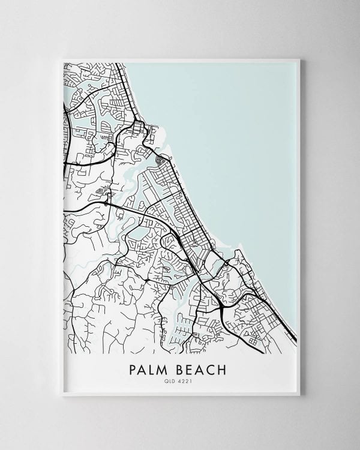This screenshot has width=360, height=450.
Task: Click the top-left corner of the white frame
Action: tap(62, 59)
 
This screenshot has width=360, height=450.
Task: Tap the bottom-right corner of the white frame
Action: tap(299, 395)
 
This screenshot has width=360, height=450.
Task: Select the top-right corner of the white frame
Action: tap(299, 59)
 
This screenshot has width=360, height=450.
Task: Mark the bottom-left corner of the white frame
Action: tap(62, 395)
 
